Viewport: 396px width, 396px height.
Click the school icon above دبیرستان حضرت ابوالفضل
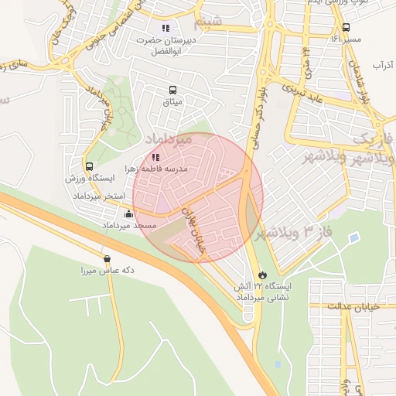[x=165, y=28]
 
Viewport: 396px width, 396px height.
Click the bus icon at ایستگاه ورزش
[x=89, y=166]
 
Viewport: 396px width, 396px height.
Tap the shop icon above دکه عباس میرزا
[x=107, y=258]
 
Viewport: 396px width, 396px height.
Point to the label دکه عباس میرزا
[x=108, y=271]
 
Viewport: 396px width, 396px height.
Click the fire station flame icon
[x=263, y=275]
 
